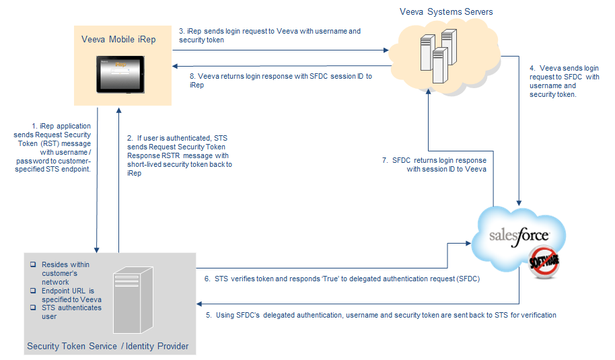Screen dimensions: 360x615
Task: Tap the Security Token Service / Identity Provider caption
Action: click(108, 347)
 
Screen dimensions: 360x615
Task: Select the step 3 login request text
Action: click(269, 36)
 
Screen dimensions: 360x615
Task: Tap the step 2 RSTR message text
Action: click(180, 155)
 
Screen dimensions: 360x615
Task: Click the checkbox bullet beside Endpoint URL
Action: click(32, 291)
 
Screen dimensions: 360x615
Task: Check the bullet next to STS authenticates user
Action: click(32, 308)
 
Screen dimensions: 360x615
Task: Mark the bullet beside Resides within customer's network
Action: click(32, 265)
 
